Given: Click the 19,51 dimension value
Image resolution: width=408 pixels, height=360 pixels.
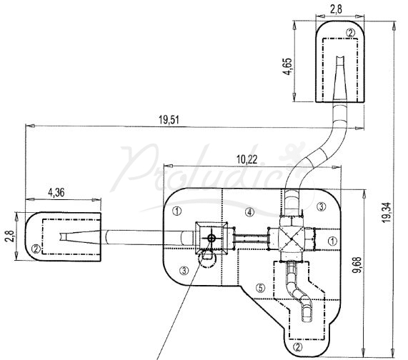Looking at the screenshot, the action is click(169, 120).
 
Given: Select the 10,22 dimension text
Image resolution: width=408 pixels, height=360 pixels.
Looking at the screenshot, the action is click(247, 159).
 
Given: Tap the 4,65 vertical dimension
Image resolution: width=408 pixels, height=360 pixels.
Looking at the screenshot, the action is click(287, 66).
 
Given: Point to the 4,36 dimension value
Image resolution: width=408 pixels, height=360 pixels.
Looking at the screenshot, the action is click(56, 193).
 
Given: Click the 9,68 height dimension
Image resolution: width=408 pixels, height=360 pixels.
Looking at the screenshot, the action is click(357, 265).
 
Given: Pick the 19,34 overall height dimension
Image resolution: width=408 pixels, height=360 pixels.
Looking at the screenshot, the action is click(387, 212).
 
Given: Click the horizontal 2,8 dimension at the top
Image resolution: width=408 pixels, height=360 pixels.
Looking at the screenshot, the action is click(336, 9).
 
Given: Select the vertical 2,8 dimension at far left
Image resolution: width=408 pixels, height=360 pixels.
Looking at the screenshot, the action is click(10, 236).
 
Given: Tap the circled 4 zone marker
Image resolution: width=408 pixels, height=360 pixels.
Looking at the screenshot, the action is click(249, 213).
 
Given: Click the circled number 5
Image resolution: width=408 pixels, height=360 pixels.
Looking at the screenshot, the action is click(261, 287).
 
